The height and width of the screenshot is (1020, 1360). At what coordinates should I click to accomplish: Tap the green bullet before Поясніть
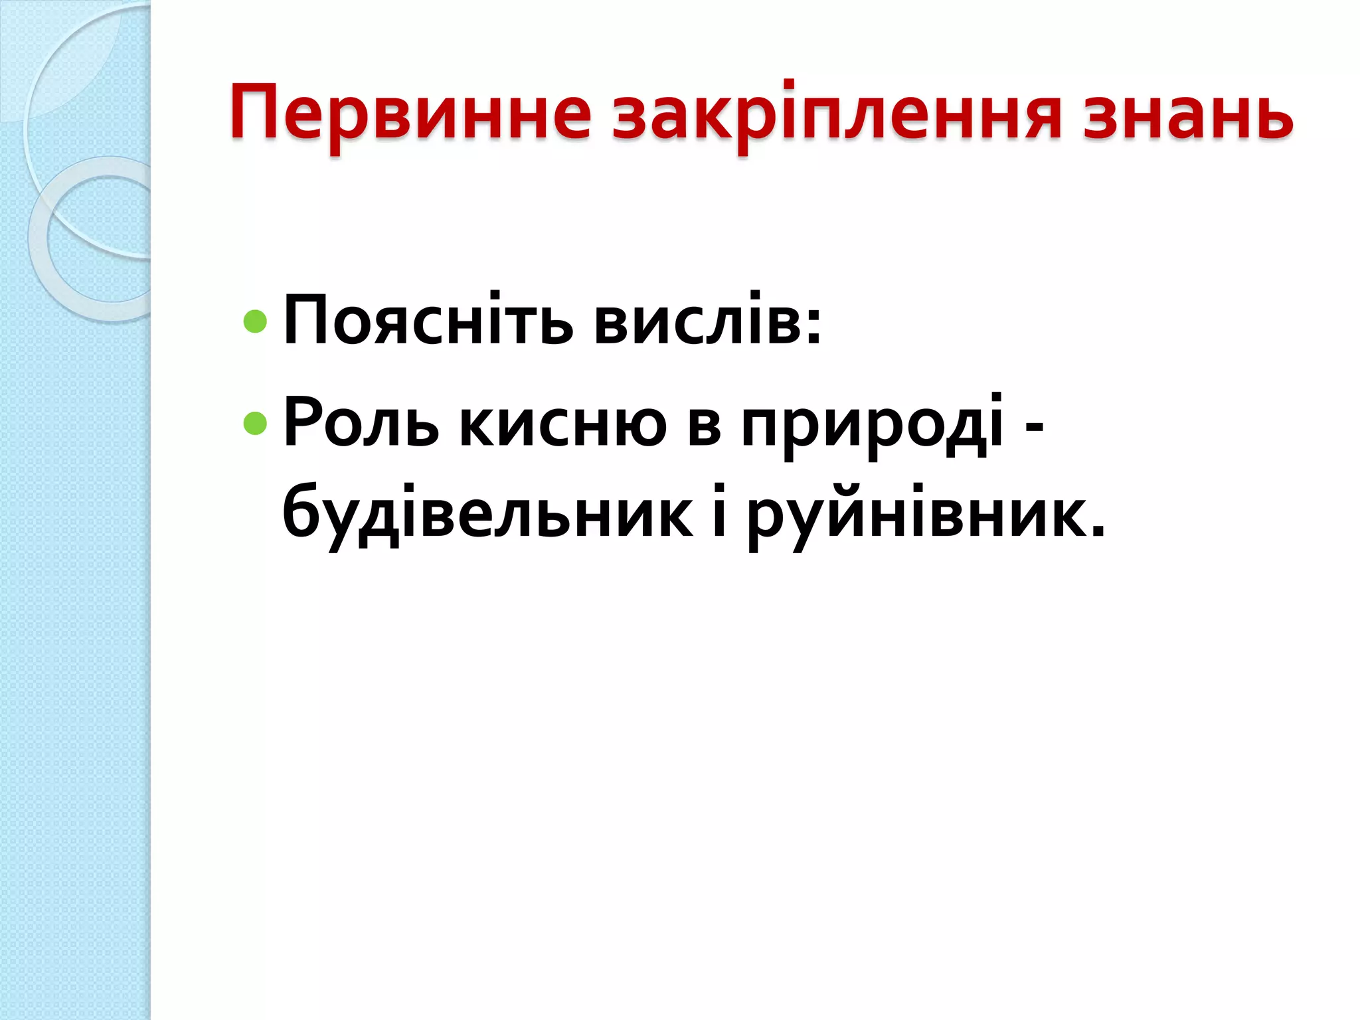coord(255,322)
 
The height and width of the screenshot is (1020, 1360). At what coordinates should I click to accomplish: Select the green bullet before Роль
coord(255,422)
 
